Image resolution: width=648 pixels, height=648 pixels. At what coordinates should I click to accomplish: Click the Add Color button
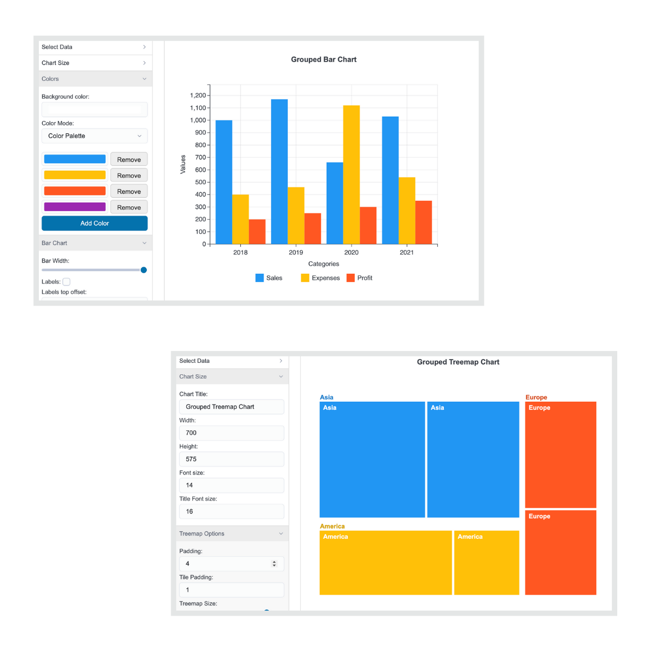94,223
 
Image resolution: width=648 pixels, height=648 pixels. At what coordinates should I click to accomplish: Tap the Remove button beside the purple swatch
129,207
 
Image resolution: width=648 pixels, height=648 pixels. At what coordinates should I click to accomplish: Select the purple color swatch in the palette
75,207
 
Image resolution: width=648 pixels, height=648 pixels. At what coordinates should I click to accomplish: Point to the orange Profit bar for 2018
257,232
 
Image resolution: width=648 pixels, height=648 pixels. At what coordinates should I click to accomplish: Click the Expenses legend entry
320,278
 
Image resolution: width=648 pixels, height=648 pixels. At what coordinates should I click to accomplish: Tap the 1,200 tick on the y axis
198,96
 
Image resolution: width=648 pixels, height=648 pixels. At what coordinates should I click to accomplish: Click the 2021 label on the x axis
407,252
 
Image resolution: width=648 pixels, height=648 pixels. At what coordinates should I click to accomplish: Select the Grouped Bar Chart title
323,59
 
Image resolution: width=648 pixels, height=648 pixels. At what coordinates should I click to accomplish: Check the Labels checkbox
66,282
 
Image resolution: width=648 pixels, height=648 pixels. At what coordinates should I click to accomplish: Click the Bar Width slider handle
144,270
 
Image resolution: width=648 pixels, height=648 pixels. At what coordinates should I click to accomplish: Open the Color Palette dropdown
94,136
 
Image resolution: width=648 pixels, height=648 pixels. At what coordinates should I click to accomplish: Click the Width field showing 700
231,433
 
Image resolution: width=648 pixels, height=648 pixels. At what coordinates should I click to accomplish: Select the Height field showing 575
231,459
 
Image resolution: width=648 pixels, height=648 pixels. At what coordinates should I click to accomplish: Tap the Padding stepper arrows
274,564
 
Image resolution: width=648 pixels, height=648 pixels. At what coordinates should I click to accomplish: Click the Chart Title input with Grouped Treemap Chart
231,407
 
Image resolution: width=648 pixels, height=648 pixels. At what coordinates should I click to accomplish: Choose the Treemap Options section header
232,534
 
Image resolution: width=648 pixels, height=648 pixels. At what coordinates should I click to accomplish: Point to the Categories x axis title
323,264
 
